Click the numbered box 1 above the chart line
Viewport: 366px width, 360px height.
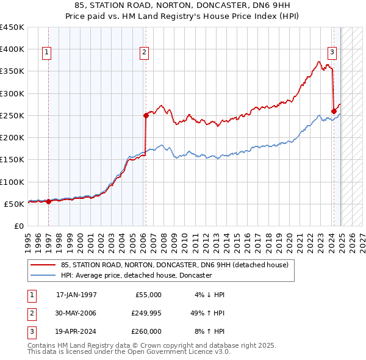point(47,53)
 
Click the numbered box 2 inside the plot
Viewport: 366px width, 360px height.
point(144,53)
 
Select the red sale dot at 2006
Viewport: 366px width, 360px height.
point(146,115)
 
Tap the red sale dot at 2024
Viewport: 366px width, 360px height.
point(334,110)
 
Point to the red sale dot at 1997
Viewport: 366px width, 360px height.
point(49,201)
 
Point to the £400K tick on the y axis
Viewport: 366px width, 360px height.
point(12,49)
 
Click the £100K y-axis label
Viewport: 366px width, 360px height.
point(12,182)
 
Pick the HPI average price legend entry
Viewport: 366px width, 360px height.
point(135,275)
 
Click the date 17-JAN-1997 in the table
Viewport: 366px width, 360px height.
point(76,295)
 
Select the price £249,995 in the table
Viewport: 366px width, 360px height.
point(146,313)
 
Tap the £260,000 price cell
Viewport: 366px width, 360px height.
point(146,331)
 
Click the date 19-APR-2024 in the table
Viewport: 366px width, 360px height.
point(76,331)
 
